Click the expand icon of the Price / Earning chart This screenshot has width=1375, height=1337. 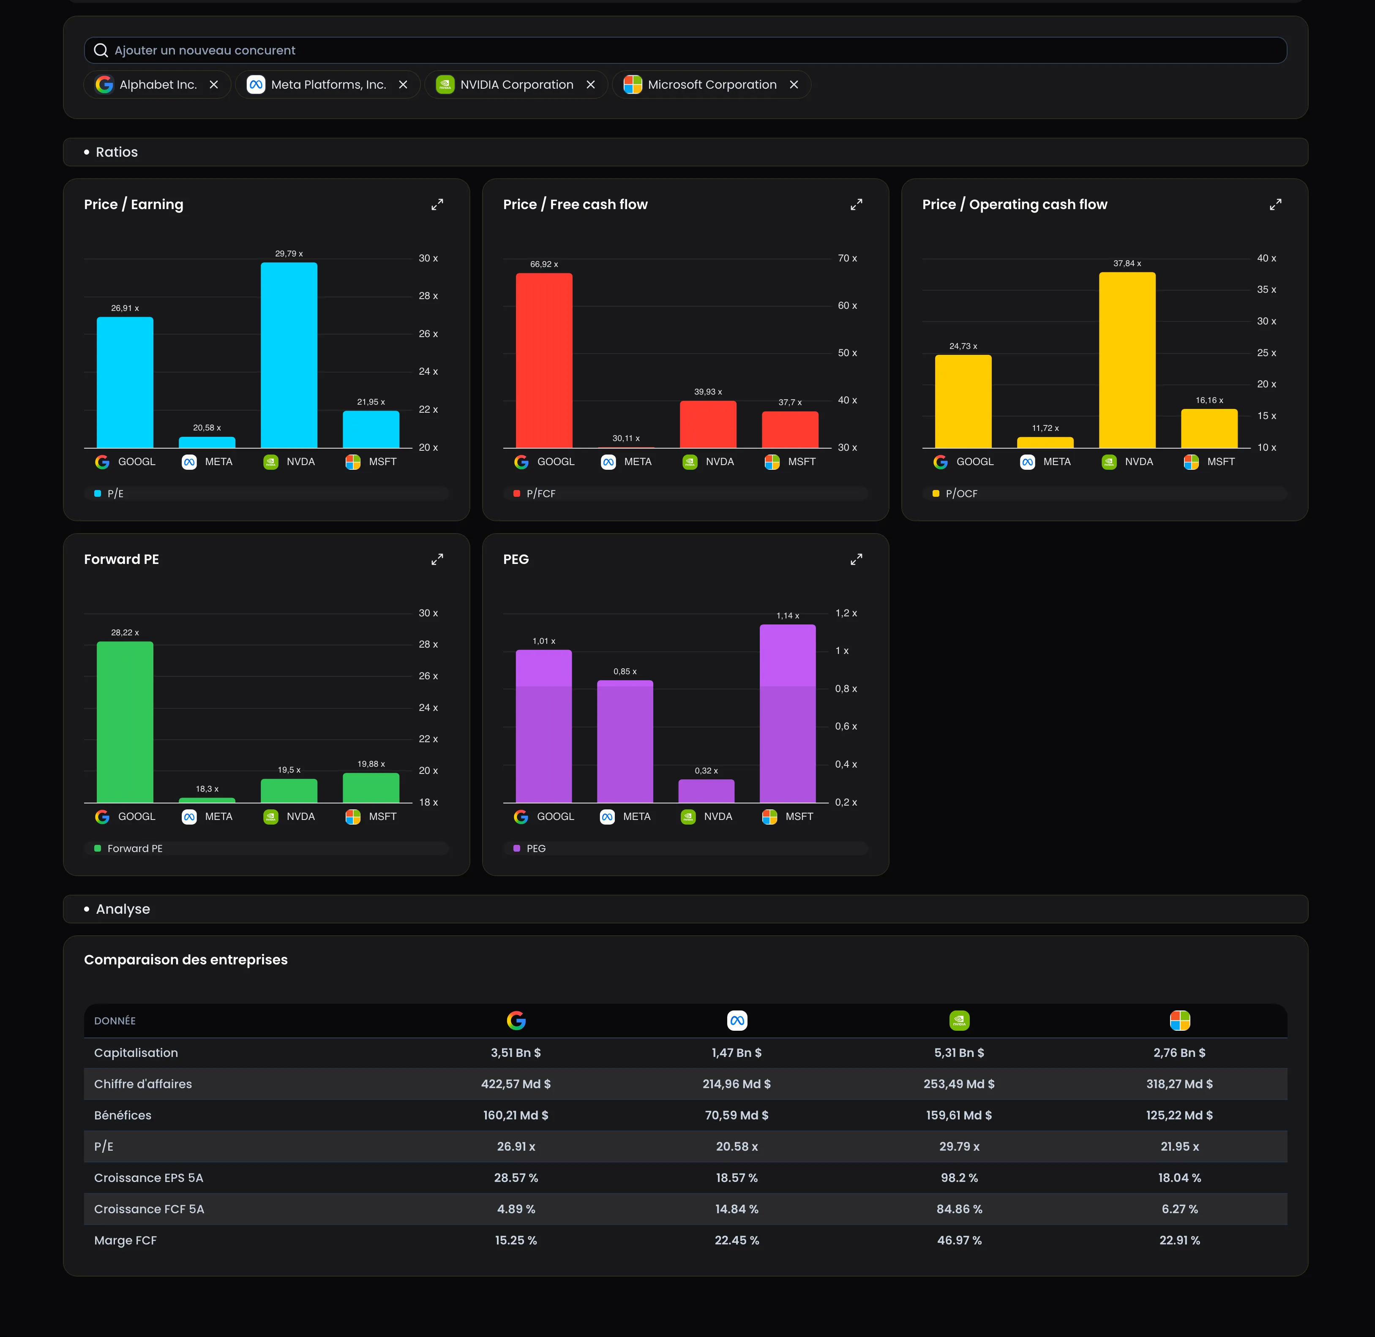click(437, 204)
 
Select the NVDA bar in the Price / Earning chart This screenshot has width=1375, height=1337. click(289, 355)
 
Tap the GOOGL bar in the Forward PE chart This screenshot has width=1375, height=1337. click(125, 722)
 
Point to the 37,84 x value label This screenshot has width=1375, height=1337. click(1127, 263)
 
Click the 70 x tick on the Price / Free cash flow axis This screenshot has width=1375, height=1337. click(847, 259)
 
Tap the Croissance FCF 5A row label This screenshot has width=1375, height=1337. click(149, 1209)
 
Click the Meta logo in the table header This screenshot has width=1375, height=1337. click(737, 1020)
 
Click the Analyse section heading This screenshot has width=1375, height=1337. click(123, 909)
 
